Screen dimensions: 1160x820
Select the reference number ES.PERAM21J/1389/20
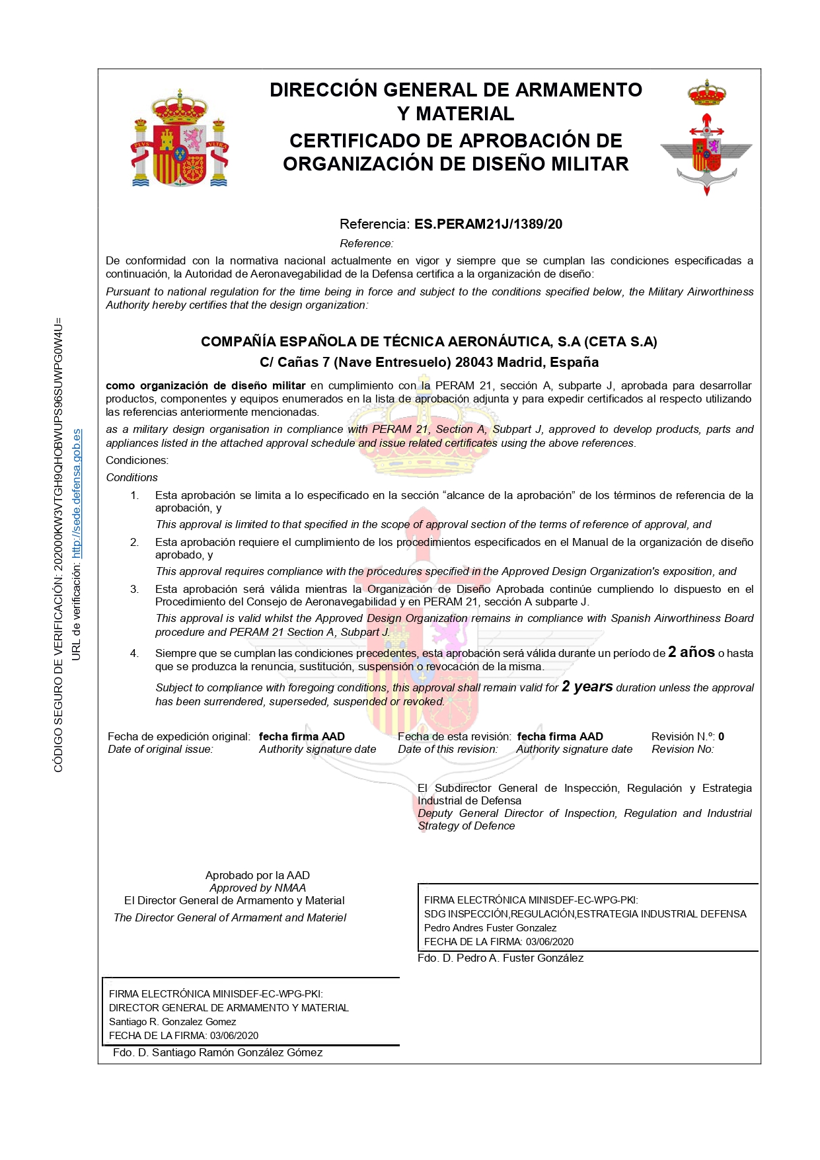488,224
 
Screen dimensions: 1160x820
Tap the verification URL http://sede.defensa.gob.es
77,493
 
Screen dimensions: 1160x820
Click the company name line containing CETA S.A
429,342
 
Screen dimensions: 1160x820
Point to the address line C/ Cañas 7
429,362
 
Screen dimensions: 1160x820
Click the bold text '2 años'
691,652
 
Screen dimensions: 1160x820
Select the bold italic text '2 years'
587,687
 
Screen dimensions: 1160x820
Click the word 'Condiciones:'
137,460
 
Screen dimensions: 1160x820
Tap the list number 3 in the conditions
134,589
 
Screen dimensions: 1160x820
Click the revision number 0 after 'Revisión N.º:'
721,736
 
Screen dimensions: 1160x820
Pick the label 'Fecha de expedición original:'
179,736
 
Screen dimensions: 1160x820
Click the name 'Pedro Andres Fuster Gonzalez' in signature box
490,928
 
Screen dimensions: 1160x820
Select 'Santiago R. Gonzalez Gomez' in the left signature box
172,1022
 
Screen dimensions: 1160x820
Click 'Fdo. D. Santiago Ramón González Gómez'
217,1052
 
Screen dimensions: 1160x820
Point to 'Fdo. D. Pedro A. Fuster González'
500,958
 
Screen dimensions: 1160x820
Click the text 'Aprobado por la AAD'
257,875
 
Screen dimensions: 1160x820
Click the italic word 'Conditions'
132,477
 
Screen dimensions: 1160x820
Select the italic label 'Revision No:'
683,749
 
